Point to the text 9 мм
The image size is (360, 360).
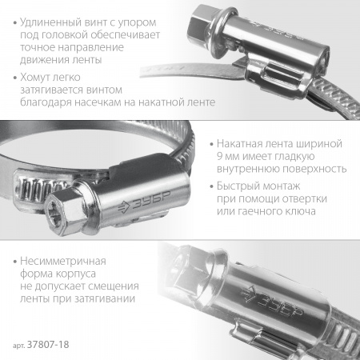[x=228, y=156]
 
